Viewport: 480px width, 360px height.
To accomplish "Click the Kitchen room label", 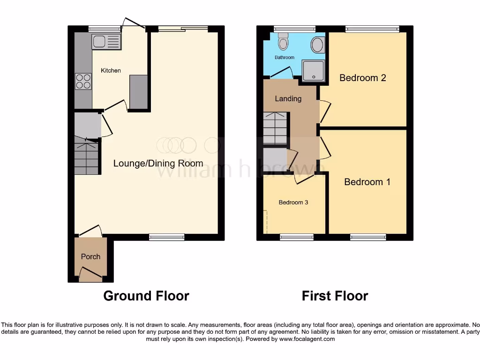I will (111, 70).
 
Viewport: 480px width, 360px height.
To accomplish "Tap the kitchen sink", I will (106, 42).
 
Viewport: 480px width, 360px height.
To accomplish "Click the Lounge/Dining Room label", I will (158, 163).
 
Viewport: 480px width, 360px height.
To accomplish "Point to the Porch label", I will (90, 256).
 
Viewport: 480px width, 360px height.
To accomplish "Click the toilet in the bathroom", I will (283, 42).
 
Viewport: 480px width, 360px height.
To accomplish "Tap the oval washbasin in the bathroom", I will (317, 45).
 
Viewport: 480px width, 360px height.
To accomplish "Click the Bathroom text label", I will (285, 58).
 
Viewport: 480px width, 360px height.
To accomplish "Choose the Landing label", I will (288, 98).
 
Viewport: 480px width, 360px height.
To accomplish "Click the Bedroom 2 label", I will (362, 78).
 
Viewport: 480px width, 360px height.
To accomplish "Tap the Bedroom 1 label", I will (367, 182).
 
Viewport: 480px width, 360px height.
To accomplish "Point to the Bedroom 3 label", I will (293, 202).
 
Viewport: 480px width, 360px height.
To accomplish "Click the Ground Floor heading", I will (146, 296).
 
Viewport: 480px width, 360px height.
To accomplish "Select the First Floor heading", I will (335, 296).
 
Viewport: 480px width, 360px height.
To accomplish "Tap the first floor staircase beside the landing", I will (275, 127).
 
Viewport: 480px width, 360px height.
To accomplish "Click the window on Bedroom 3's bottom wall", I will (297, 237).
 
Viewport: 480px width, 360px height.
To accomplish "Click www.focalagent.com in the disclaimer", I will (307, 339).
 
